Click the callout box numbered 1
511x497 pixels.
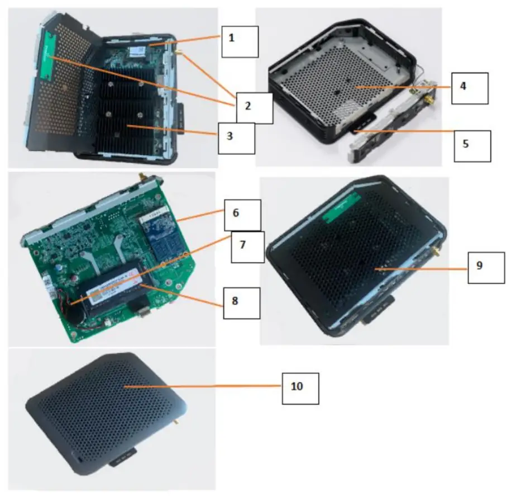click(240, 41)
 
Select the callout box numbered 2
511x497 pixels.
click(254, 108)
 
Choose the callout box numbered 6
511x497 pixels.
click(242, 214)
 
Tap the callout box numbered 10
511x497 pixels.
click(300, 388)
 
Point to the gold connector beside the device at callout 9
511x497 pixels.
click(436, 252)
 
